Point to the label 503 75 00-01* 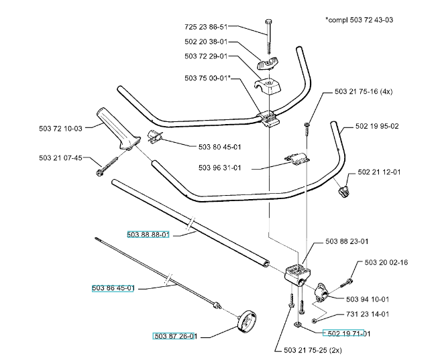(209, 78)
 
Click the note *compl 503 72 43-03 (360, 20)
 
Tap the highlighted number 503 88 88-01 (148, 235)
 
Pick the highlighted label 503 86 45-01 (113, 288)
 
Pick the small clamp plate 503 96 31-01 (296, 158)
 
